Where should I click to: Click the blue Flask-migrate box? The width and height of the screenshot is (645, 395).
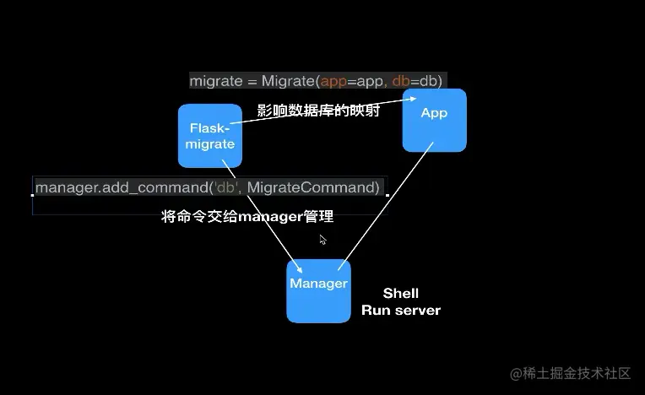[209, 136]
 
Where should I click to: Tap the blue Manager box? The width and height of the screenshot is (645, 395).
[318, 290]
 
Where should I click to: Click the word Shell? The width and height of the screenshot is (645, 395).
[400, 294]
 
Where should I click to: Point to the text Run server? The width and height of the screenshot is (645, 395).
[400, 311]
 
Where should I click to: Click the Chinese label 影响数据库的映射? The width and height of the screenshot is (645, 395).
[317, 111]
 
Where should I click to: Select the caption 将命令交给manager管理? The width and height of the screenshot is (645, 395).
[247, 217]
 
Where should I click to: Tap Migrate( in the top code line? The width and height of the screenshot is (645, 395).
[290, 81]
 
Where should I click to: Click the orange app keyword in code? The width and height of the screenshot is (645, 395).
[334, 81]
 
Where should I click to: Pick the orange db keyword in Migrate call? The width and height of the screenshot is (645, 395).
[401, 81]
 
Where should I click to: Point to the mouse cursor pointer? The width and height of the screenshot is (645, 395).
[322, 240]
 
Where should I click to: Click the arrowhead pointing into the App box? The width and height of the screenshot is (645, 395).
[415, 99]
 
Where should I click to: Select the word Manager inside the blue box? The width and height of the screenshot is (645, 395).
[318, 284]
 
